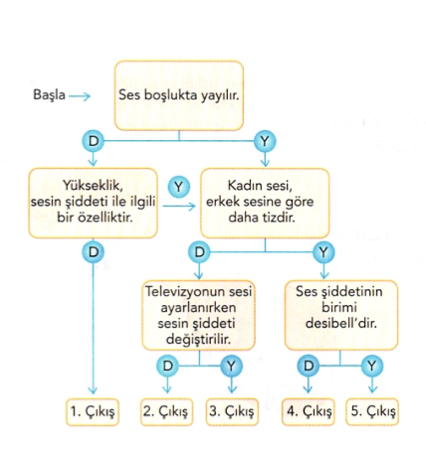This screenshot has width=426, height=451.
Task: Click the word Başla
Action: [49, 95]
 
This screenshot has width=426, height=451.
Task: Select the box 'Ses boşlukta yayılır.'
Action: [179, 95]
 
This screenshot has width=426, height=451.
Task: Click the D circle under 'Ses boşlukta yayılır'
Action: [94, 141]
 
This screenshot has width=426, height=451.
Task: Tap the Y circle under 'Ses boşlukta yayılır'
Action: [265, 141]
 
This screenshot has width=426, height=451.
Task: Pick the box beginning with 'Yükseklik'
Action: [93, 203]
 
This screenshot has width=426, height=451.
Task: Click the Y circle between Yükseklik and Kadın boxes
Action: [179, 187]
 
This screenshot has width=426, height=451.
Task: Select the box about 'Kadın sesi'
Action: [265, 203]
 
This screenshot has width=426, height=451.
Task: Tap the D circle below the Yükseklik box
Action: [94, 252]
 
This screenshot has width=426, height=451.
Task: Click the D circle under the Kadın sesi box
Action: [199, 252]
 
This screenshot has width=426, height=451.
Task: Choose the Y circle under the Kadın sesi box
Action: [323, 252]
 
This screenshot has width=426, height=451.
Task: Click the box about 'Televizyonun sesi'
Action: [198, 315]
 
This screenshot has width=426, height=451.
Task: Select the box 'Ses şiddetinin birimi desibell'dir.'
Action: [341, 315]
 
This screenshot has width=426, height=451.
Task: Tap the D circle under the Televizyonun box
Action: [168, 366]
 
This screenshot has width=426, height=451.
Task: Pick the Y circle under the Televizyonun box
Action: [231, 366]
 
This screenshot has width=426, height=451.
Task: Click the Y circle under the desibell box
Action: [372, 366]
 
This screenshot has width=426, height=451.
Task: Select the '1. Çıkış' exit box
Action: [93, 411]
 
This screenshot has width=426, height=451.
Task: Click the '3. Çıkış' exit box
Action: [232, 411]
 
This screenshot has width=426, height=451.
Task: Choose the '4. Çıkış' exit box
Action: [309, 411]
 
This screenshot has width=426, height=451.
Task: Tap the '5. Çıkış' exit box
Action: [372, 411]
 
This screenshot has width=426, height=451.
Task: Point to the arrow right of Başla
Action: [80, 96]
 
